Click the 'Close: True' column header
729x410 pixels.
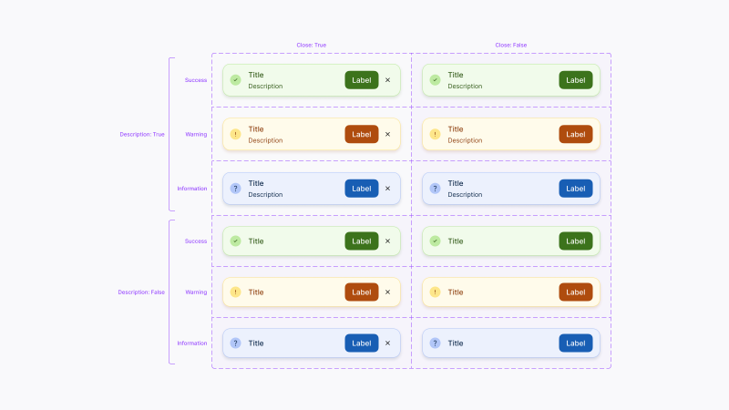coord(311,45)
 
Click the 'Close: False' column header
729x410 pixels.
coord(510,45)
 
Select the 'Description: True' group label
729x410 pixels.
coord(142,134)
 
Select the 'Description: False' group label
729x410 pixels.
coord(141,292)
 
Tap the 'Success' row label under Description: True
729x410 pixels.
coord(196,80)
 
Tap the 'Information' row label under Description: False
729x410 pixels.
coord(192,343)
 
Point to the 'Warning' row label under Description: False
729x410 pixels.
coord(196,292)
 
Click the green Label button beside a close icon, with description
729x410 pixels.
coord(362,80)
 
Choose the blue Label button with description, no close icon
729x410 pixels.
coord(576,189)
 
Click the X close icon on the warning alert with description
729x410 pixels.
coord(387,135)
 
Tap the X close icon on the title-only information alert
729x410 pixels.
coord(387,343)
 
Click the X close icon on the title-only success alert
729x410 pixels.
coord(387,241)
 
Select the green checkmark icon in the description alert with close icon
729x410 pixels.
coord(235,80)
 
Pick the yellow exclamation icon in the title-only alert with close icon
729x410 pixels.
coord(235,292)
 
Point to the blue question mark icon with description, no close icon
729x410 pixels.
coord(435,189)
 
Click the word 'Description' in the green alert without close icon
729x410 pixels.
coord(465,87)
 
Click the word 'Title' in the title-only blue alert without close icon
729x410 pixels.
coord(456,343)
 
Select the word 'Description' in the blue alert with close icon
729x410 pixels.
coord(265,195)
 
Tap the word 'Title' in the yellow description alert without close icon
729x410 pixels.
coord(456,129)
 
